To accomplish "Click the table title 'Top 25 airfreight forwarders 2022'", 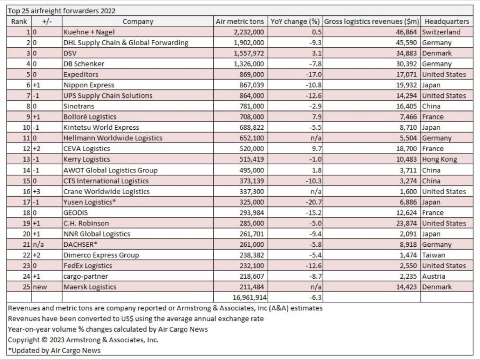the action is [x=62, y=11].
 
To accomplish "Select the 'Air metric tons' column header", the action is [x=240, y=21].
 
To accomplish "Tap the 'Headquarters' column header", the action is [x=447, y=21].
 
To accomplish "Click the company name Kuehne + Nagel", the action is [x=89, y=32].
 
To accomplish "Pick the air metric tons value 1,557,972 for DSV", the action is [x=249, y=53].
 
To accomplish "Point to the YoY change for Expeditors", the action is [x=313, y=74].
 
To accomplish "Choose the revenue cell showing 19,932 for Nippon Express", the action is [x=406, y=85].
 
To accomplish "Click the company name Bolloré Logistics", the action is [x=90, y=117].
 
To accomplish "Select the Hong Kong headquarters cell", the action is [x=439, y=159].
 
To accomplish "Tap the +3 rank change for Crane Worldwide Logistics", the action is [x=37, y=191].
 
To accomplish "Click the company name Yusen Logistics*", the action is [x=89, y=202].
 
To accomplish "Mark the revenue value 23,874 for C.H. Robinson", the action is [x=406, y=223].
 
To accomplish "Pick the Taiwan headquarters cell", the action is [x=434, y=255].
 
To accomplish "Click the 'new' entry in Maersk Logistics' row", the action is [x=40, y=287].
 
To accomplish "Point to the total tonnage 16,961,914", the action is [x=249, y=298].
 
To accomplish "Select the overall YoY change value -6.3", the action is [x=315, y=298].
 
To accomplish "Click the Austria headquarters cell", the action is [x=434, y=276].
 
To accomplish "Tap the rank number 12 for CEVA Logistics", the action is [x=27, y=149].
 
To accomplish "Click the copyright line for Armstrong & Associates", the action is [x=83, y=340].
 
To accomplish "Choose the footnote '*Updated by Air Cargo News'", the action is [x=54, y=351].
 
